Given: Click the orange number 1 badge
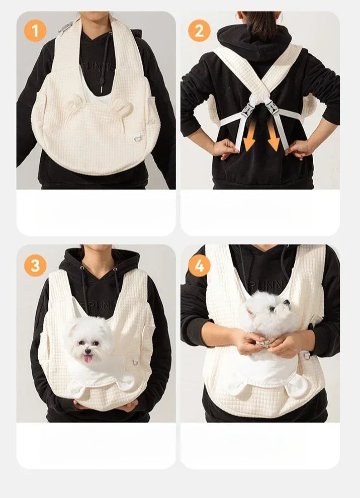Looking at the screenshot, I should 35,31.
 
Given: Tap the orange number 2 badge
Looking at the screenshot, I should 199,31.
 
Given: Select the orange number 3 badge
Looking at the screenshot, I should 35,265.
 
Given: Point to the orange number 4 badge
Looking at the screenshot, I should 199,265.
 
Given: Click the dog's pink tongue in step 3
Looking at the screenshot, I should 88,358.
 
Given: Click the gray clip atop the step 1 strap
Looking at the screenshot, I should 65,27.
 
